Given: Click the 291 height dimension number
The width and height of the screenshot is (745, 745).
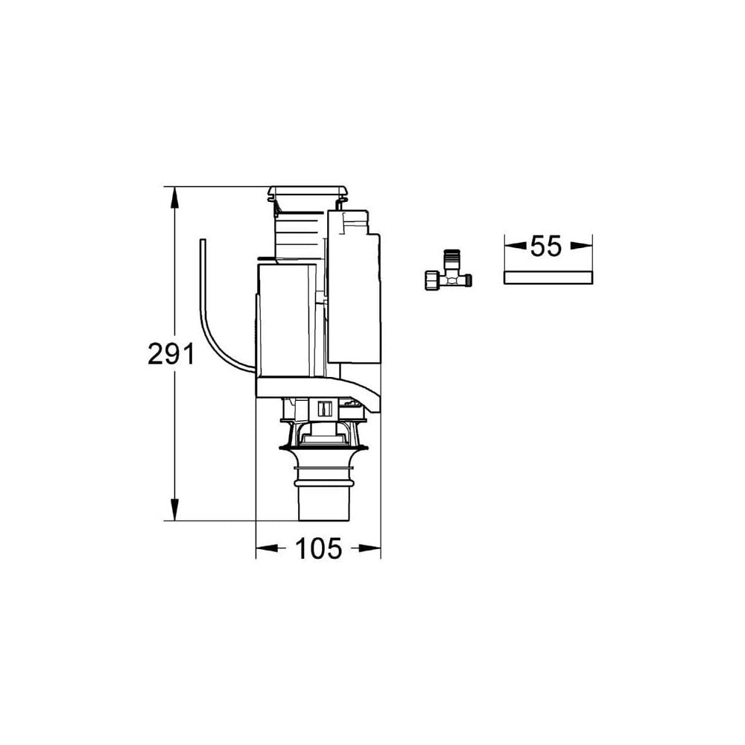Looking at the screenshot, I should (171, 355).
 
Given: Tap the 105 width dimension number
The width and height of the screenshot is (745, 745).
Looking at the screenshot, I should (319, 549).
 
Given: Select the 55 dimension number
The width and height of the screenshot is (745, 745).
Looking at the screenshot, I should (546, 247).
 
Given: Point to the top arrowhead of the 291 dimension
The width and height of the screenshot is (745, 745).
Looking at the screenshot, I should (175, 195).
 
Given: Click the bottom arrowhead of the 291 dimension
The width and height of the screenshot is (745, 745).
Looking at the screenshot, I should (175, 513).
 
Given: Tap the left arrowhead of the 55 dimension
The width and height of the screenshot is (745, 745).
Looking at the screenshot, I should (512, 245).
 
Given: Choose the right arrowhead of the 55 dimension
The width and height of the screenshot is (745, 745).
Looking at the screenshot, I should (585, 245).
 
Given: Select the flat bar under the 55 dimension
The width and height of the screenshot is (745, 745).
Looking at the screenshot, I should (548, 278).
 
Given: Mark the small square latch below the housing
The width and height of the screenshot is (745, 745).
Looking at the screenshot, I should (323, 408).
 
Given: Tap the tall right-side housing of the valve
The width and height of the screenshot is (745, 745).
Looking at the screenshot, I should (354, 291).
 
